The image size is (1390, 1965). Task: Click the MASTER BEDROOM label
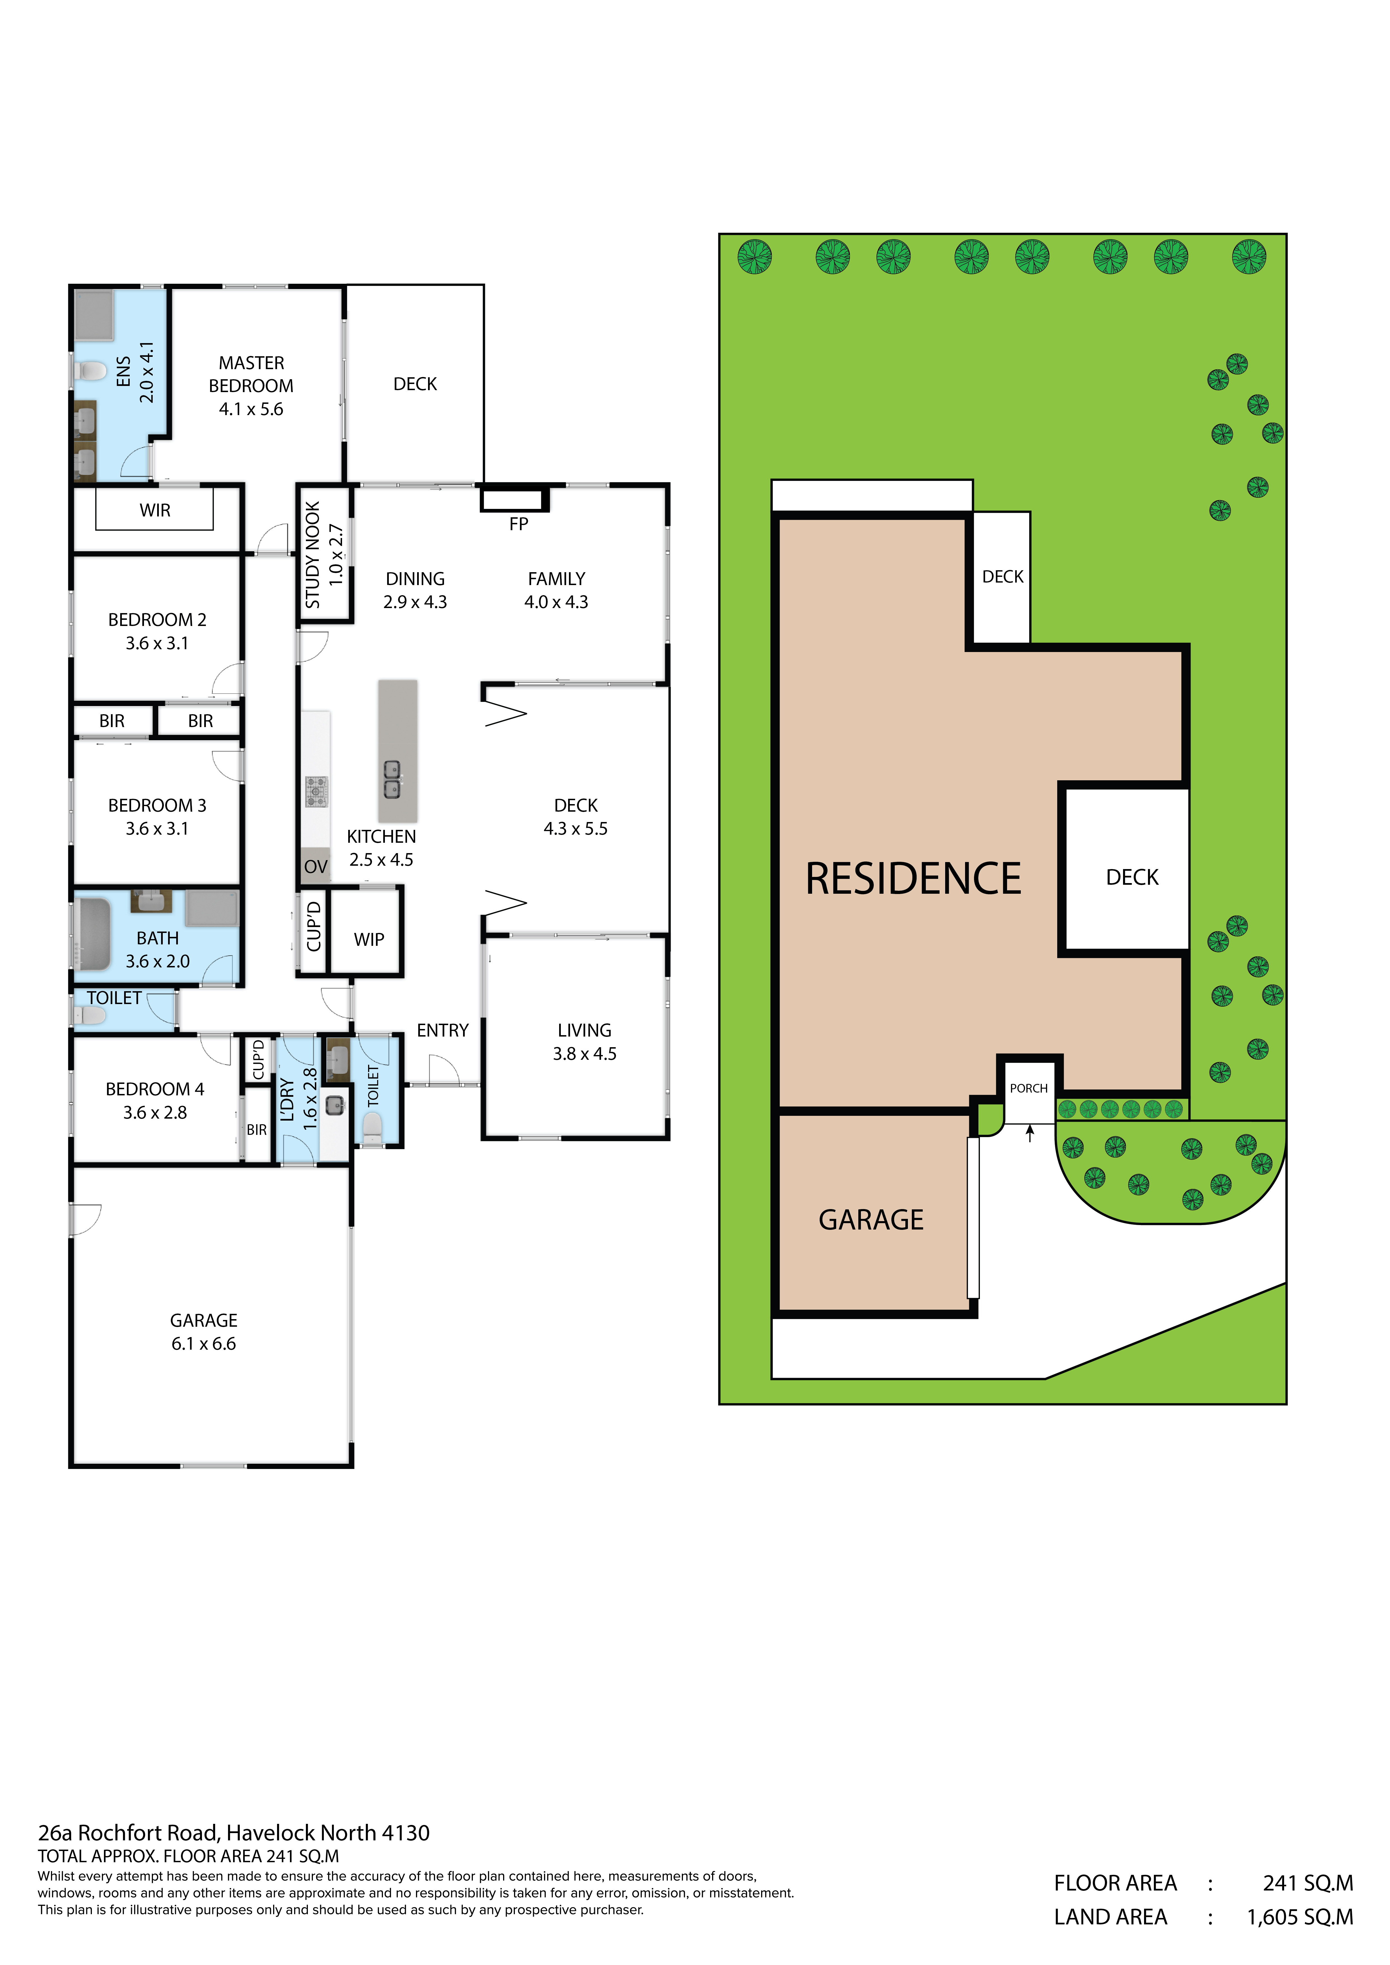251,374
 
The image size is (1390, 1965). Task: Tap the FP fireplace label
519,524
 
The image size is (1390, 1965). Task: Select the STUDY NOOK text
313,555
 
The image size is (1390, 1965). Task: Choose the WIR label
155,510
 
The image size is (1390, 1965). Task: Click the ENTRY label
443,1030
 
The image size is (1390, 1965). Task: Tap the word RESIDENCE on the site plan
913,879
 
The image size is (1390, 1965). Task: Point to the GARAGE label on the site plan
871,1219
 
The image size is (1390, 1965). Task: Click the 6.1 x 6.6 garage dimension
204,1344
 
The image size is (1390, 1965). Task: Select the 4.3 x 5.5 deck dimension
576,828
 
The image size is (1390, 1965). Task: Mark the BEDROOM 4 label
155,1089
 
